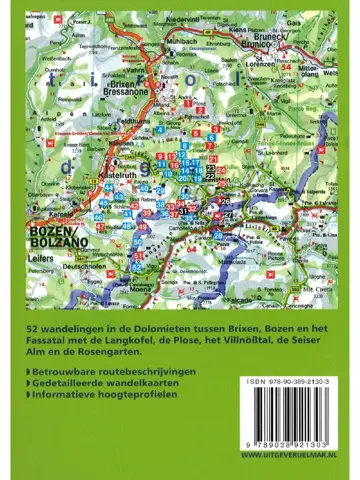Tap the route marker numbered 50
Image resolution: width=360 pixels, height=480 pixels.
pyautogui.click(x=137, y=241)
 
